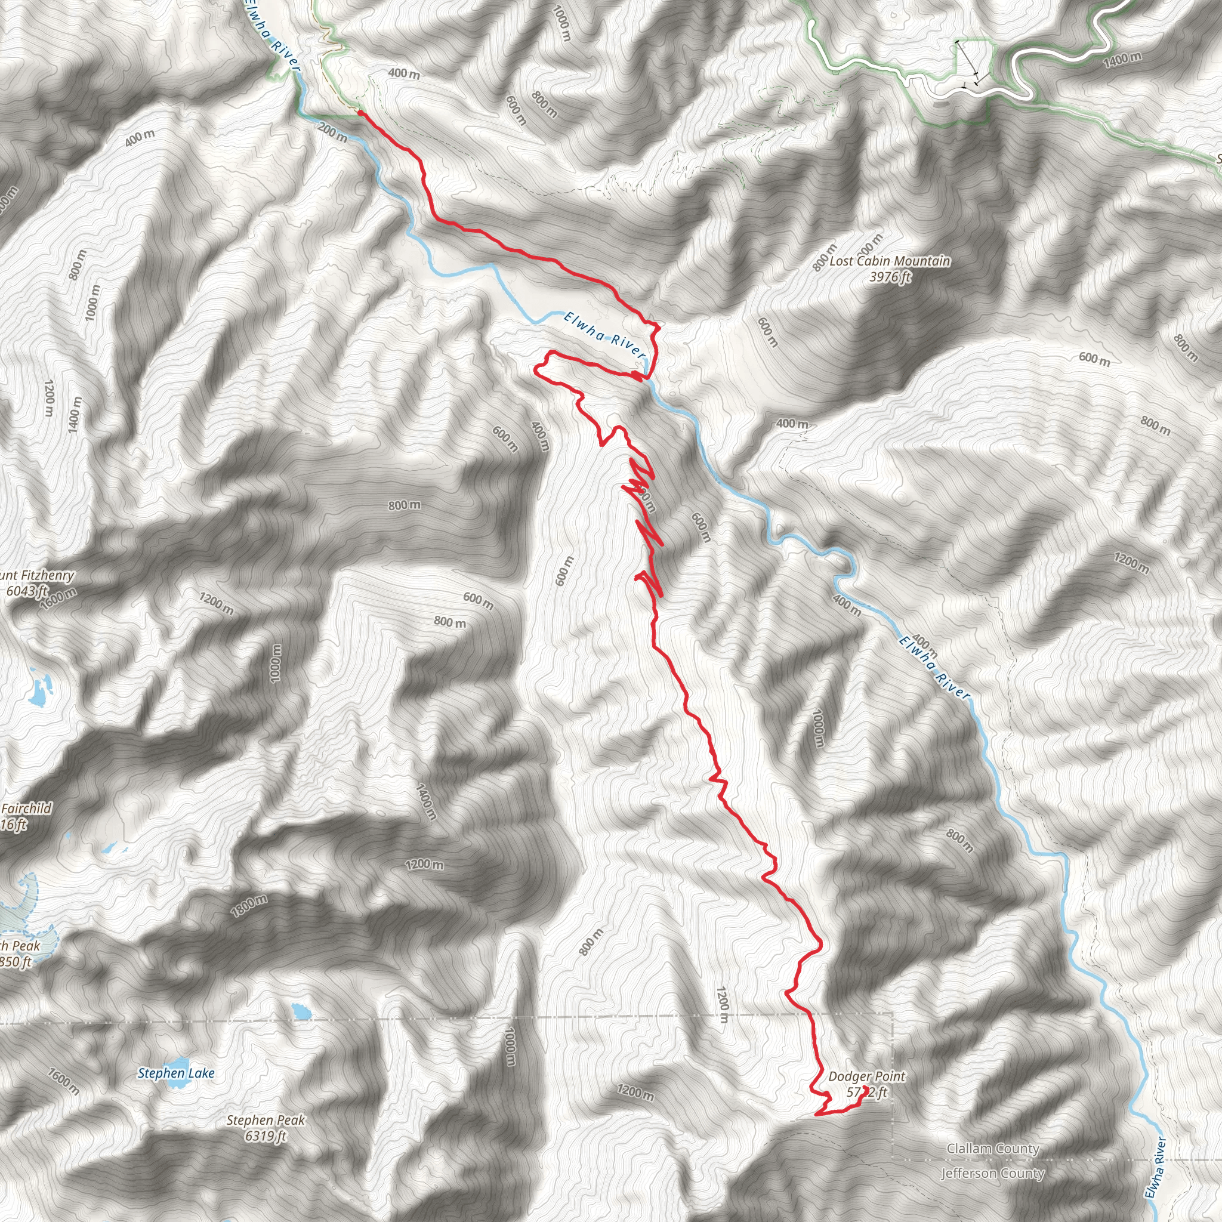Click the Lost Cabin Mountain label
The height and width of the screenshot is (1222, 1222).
[889, 261]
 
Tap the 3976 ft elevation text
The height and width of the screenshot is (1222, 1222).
[889, 276]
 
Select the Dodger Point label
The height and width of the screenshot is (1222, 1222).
[866, 1076]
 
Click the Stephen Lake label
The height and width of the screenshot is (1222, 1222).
[176, 1073]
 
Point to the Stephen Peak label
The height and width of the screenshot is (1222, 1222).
[266, 1120]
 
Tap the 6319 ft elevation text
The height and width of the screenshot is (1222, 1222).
[266, 1136]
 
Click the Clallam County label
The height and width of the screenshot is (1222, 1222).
[992, 1149]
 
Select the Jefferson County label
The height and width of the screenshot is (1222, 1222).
[992, 1174]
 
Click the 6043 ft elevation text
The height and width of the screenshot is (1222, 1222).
[27, 591]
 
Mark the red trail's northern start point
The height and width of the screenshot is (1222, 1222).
[360, 113]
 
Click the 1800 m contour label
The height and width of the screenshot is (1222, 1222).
[249, 906]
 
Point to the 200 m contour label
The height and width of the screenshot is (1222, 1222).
[332, 132]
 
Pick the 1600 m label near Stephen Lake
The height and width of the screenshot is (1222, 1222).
[63, 1081]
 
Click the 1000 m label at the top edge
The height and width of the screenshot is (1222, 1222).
[561, 23]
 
